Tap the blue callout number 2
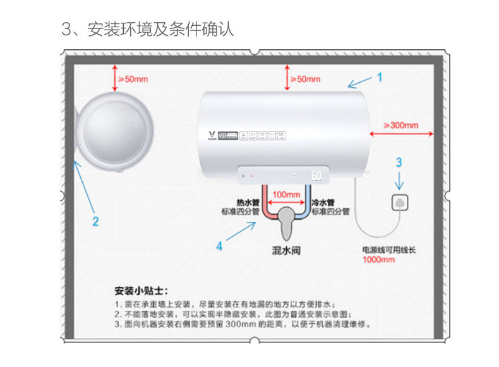tap(95, 221)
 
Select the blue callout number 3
tap(399, 162)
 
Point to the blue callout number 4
tap(219, 246)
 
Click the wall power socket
tap(400, 203)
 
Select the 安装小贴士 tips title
tap(141, 291)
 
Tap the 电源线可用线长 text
tap(388, 250)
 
